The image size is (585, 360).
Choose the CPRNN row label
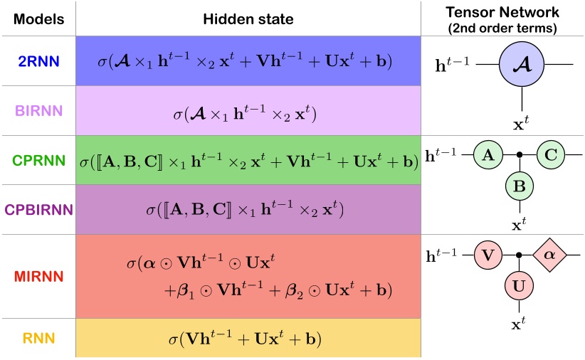[x=37, y=159]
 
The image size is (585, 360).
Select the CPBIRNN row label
[x=37, y=210]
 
